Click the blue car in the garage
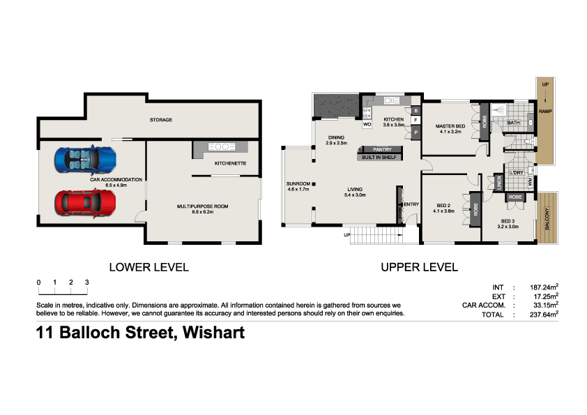84,159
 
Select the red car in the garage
86,202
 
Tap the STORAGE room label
160,120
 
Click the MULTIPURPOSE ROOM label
202,206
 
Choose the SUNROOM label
298,184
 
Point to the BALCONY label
547,218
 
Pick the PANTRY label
382,149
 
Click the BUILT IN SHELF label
379,158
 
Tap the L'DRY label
517,172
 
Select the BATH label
513,123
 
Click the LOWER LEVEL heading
148,267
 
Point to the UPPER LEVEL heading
419,267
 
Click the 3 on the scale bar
86,282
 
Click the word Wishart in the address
212,333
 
